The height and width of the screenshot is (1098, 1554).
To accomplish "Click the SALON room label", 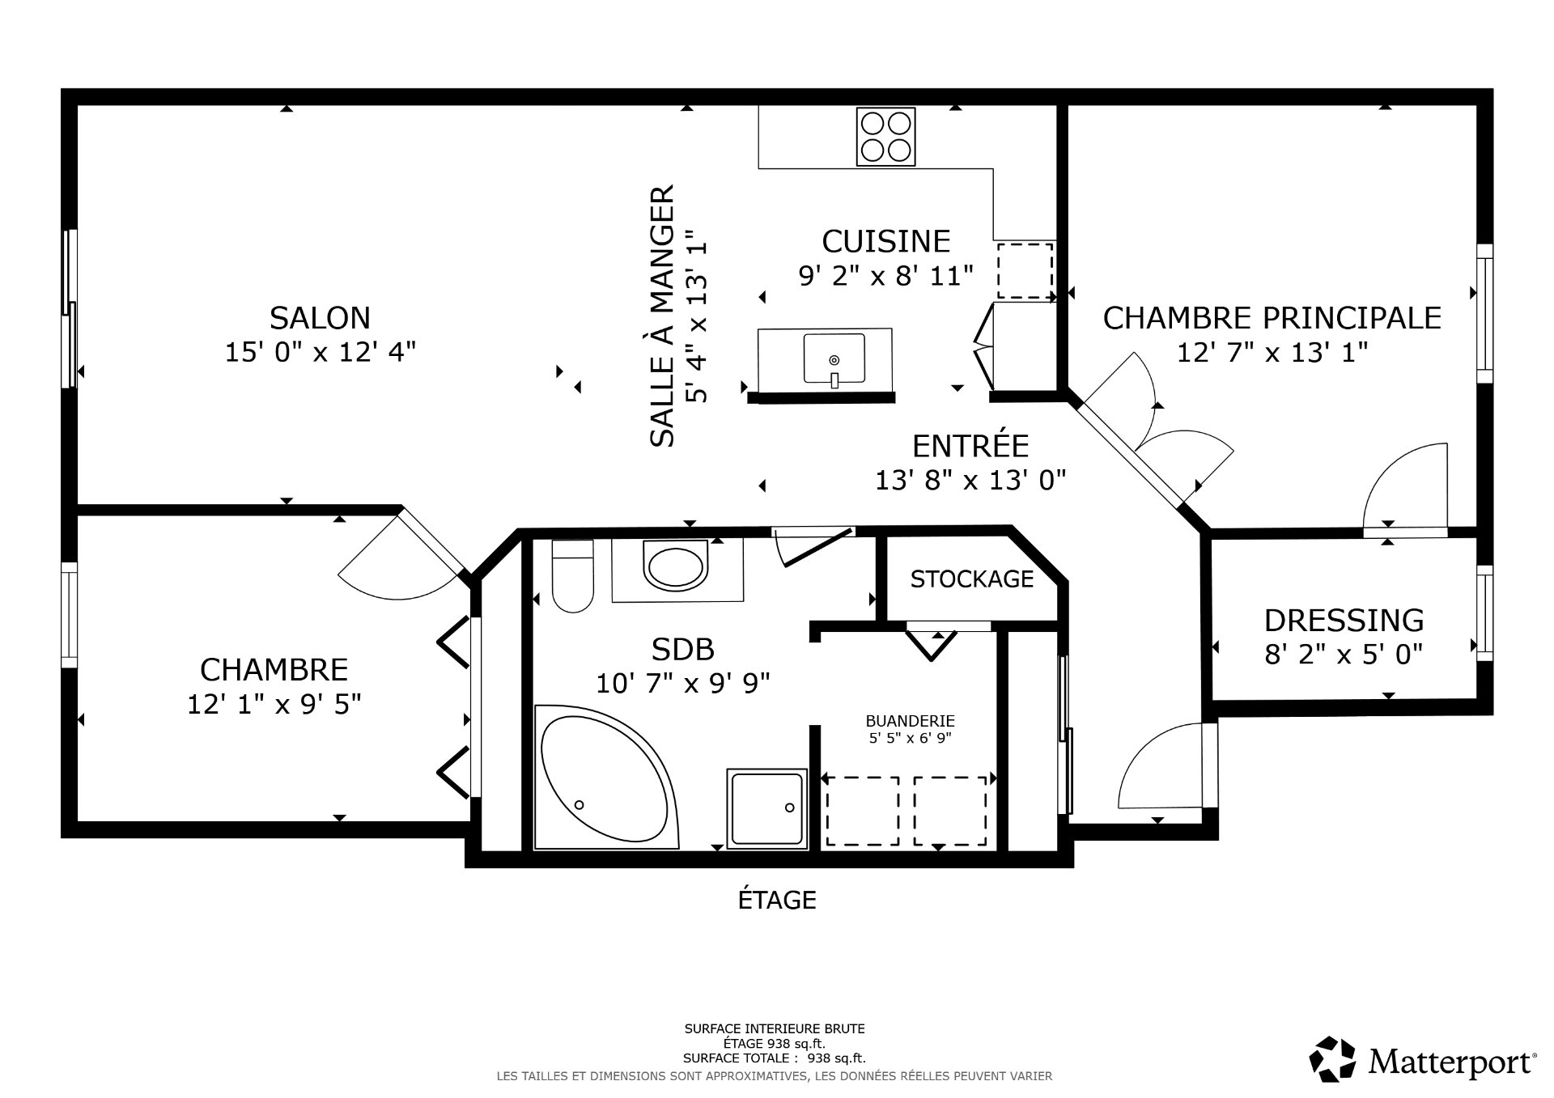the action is click(x=320, y=318).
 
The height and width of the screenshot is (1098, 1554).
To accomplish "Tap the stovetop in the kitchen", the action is click(x=885, y=136).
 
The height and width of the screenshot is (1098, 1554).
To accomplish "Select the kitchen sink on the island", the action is click(x=834, y=358).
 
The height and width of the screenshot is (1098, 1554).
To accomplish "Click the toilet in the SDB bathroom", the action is click(x=572, y=575).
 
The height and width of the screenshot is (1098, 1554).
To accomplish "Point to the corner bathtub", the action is click(x=607, y=778).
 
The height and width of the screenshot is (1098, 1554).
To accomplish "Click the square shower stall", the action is click(x=766, y=808).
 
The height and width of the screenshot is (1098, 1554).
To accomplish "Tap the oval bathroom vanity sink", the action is click(x=674, y=566).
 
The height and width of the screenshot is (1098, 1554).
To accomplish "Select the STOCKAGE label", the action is click(x=972, y=579).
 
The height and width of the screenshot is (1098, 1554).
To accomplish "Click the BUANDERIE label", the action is click(x=911, y=721).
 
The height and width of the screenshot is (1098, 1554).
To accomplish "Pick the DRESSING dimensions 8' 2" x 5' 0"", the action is click(x=1344, y=654).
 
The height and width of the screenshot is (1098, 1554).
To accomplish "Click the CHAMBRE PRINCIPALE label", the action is click(x=1272, y=318).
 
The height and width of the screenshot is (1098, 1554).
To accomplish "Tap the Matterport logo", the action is click(x=1423, y=1059).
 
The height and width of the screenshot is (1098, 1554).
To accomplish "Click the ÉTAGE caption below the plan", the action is click(x=777, y=900).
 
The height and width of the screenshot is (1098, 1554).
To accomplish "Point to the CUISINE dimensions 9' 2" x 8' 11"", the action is click(x=885, y=276).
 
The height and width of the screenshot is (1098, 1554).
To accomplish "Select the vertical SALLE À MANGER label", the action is click(x=662, y=316).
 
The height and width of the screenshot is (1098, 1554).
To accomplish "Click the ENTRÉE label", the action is click(x=970, y=446).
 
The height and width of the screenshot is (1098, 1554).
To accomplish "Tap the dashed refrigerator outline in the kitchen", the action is click(x=1025, y=271).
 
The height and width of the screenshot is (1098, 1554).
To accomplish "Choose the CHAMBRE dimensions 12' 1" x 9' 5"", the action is click(x=274, y=705).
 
